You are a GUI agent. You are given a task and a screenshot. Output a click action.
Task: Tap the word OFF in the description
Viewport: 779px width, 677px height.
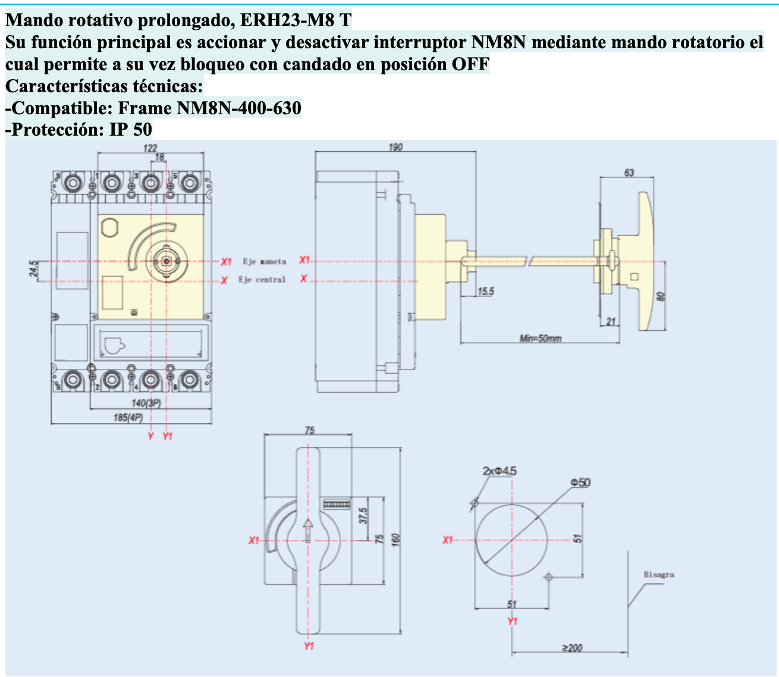(x=470, y=64)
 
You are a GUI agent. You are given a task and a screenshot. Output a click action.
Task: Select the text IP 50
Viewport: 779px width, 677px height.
(x=131, y=129)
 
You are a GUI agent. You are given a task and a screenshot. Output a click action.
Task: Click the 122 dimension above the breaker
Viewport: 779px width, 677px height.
(x=150, y=148)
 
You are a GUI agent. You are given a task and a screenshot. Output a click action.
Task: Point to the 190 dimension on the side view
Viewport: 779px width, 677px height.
(x=395, y=147)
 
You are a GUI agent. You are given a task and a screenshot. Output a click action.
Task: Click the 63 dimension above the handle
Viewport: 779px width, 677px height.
(x=629, y=173)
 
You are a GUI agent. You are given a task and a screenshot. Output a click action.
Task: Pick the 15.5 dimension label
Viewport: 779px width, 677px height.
(x=485, y=292)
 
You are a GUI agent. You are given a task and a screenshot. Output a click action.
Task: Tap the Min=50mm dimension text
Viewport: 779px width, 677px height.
(x=540, y=338)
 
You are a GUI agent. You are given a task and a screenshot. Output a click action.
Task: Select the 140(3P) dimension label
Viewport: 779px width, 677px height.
(x=146, y=403)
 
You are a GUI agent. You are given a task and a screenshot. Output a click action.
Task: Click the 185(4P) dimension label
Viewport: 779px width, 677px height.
(x=128, y=418)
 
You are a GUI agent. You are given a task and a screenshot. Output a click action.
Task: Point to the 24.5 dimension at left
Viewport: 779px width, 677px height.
(x=34, y=269)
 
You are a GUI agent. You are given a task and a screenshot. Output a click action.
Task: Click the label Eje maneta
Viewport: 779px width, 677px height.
(x=264, y=261)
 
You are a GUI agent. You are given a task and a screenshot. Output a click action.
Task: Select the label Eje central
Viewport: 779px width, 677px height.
(x=262, y=280)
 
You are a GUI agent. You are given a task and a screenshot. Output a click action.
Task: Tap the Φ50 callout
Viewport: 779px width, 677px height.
(x=580, y=482)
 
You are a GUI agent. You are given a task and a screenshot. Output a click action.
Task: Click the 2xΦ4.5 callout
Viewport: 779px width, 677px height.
(x=500, y=471)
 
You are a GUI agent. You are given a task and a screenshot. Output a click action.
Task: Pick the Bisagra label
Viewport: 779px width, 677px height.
(x=659, y=575)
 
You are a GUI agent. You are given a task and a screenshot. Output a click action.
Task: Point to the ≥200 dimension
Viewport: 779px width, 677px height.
(x=572, y=648)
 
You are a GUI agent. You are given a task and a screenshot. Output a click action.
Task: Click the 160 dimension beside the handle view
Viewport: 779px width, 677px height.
(x=397, y=539)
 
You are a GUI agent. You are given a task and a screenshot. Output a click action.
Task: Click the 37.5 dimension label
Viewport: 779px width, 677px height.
(x=363, y=515)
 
